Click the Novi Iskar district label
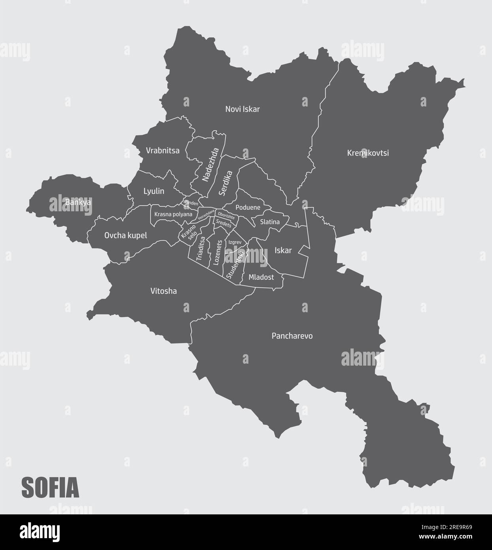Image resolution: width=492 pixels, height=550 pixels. point(242,109)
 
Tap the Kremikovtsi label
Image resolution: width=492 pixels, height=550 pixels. point(368,153)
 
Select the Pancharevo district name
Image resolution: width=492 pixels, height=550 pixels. point(292,336)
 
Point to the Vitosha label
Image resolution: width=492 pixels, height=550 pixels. point(163,291)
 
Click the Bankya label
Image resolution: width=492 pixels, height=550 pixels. point(78,202)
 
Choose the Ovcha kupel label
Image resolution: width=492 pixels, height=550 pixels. point(125,235)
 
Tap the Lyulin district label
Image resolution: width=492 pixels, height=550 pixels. point(154,191)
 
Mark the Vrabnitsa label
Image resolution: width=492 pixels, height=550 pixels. point(162,151)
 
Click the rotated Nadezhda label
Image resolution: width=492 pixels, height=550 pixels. point(210,165)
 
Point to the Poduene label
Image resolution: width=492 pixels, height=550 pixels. point(248,207)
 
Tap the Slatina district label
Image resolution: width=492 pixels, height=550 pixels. point(270,222)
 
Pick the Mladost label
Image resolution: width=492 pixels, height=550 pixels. point(261,277)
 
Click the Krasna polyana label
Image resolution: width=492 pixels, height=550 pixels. point(173,214)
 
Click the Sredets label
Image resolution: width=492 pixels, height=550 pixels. point(224,225)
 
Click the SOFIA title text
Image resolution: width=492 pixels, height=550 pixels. point(50,488)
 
